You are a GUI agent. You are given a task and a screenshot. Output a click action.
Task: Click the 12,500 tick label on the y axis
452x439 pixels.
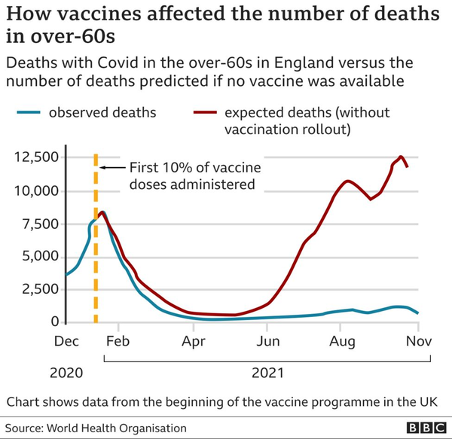click(x=34, y=157)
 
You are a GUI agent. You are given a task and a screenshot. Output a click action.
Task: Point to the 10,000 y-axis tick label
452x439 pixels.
click(x=34, y=191)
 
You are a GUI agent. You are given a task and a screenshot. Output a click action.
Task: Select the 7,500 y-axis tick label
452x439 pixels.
click(x=38, y=224)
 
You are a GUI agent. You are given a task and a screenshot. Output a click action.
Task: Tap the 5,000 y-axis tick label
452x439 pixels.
click(x=38, y=257)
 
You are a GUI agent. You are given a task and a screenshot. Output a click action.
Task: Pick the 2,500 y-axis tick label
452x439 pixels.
click(x=38, y=289)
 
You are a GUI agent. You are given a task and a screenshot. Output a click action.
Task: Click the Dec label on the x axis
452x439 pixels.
click(x=66, y=341)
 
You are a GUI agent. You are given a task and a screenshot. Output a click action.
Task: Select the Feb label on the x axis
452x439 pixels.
click(x=118, y=341)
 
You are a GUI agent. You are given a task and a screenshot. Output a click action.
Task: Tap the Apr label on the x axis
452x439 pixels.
click(x=194, y=341)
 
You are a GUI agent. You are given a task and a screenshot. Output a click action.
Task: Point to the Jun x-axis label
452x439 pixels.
click(x=267, y=341)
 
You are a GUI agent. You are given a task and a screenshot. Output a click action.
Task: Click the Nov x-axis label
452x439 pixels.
click(x=418, y=341)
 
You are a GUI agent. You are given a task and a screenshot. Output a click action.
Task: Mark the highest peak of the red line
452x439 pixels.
click(x=401, y=157)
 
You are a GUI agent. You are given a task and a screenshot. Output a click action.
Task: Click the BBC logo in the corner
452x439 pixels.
click(x=421, y=427)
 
